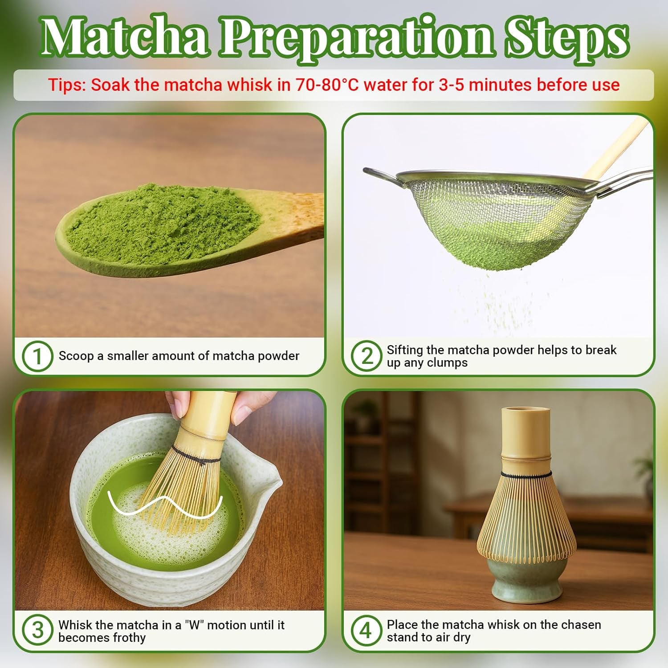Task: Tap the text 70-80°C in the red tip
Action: (327, 85)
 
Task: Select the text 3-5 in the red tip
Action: (452, 85)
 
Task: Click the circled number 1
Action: (37, 357)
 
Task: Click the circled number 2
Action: (366, 356)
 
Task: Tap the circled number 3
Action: (37, 631)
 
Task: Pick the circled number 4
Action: (366, 631)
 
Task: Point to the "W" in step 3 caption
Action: (193, 625)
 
